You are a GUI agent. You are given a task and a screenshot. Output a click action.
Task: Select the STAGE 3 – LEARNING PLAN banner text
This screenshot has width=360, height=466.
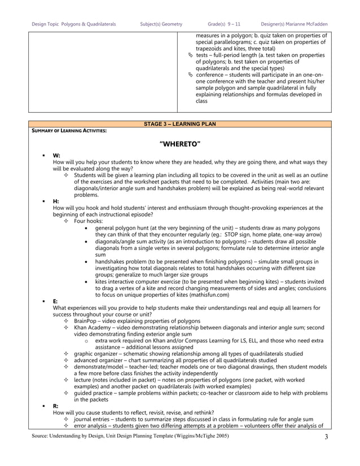pyautogui.click(x=180, y=124)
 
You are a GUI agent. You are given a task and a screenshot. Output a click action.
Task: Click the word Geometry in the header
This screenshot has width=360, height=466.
pyautogui.click(x=171, y=24)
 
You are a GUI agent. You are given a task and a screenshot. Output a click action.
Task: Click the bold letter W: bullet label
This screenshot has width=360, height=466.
pyautogui.click(x=56, y=155)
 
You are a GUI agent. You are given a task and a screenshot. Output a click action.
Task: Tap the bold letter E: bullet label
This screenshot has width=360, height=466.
pyautogui.click(x=56, y=301)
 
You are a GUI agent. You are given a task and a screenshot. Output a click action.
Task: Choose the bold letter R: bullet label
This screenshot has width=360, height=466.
pyautogui.click(x=56, y=406)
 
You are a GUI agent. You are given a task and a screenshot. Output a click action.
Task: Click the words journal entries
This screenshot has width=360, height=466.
pyautogui.click(x=93, y=419)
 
